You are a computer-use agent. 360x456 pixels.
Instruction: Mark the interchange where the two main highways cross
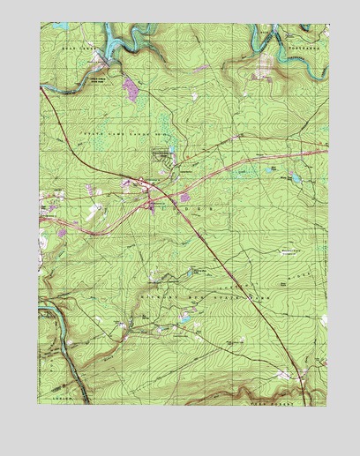[x=140, y=183]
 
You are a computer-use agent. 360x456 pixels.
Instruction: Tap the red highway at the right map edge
[x=321, y=152]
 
